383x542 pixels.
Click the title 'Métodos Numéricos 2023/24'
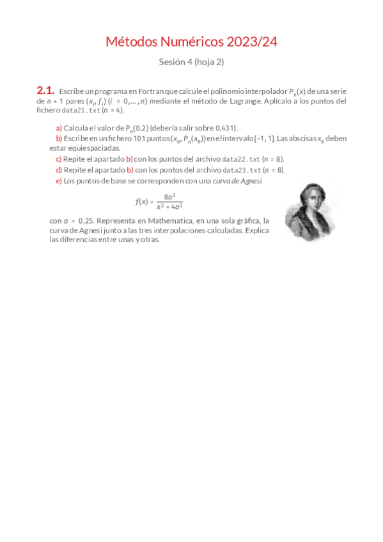coord(191,42)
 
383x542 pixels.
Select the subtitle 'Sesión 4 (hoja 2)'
coord(191,62)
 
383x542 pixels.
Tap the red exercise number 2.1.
coord(45,91)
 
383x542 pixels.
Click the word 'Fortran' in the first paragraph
coord(150,92)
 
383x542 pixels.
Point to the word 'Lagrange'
coord(242,101)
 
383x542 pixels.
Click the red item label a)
coord(59,128)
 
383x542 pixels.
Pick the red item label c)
coord(59,159)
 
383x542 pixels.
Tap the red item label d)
coord(59,169)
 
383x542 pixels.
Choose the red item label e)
coord(59,181)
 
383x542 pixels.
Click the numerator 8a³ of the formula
coord(169,197)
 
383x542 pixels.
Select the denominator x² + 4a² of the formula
coord(169,206)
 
